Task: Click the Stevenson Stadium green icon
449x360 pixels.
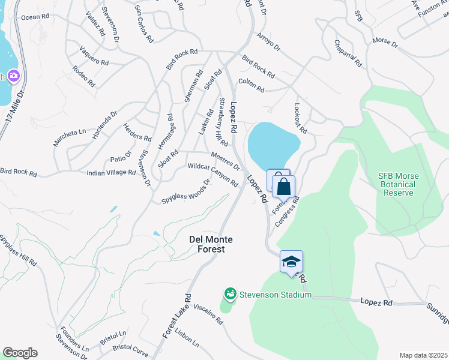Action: click(x=230, y=294)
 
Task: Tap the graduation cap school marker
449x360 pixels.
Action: click(x=291, y=262)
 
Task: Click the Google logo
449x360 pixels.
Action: click(x=20, y=353)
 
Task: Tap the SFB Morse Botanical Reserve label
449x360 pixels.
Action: click(x=396, y=184)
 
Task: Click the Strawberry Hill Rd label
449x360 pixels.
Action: click(x=223, y=122)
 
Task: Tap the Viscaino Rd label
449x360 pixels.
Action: click(x=203, y=313)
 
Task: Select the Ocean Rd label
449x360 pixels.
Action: click(x=35, y=17)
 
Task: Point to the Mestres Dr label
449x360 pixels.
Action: click(x=226, y=160)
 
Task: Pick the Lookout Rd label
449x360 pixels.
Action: click(x=300, y=118)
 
